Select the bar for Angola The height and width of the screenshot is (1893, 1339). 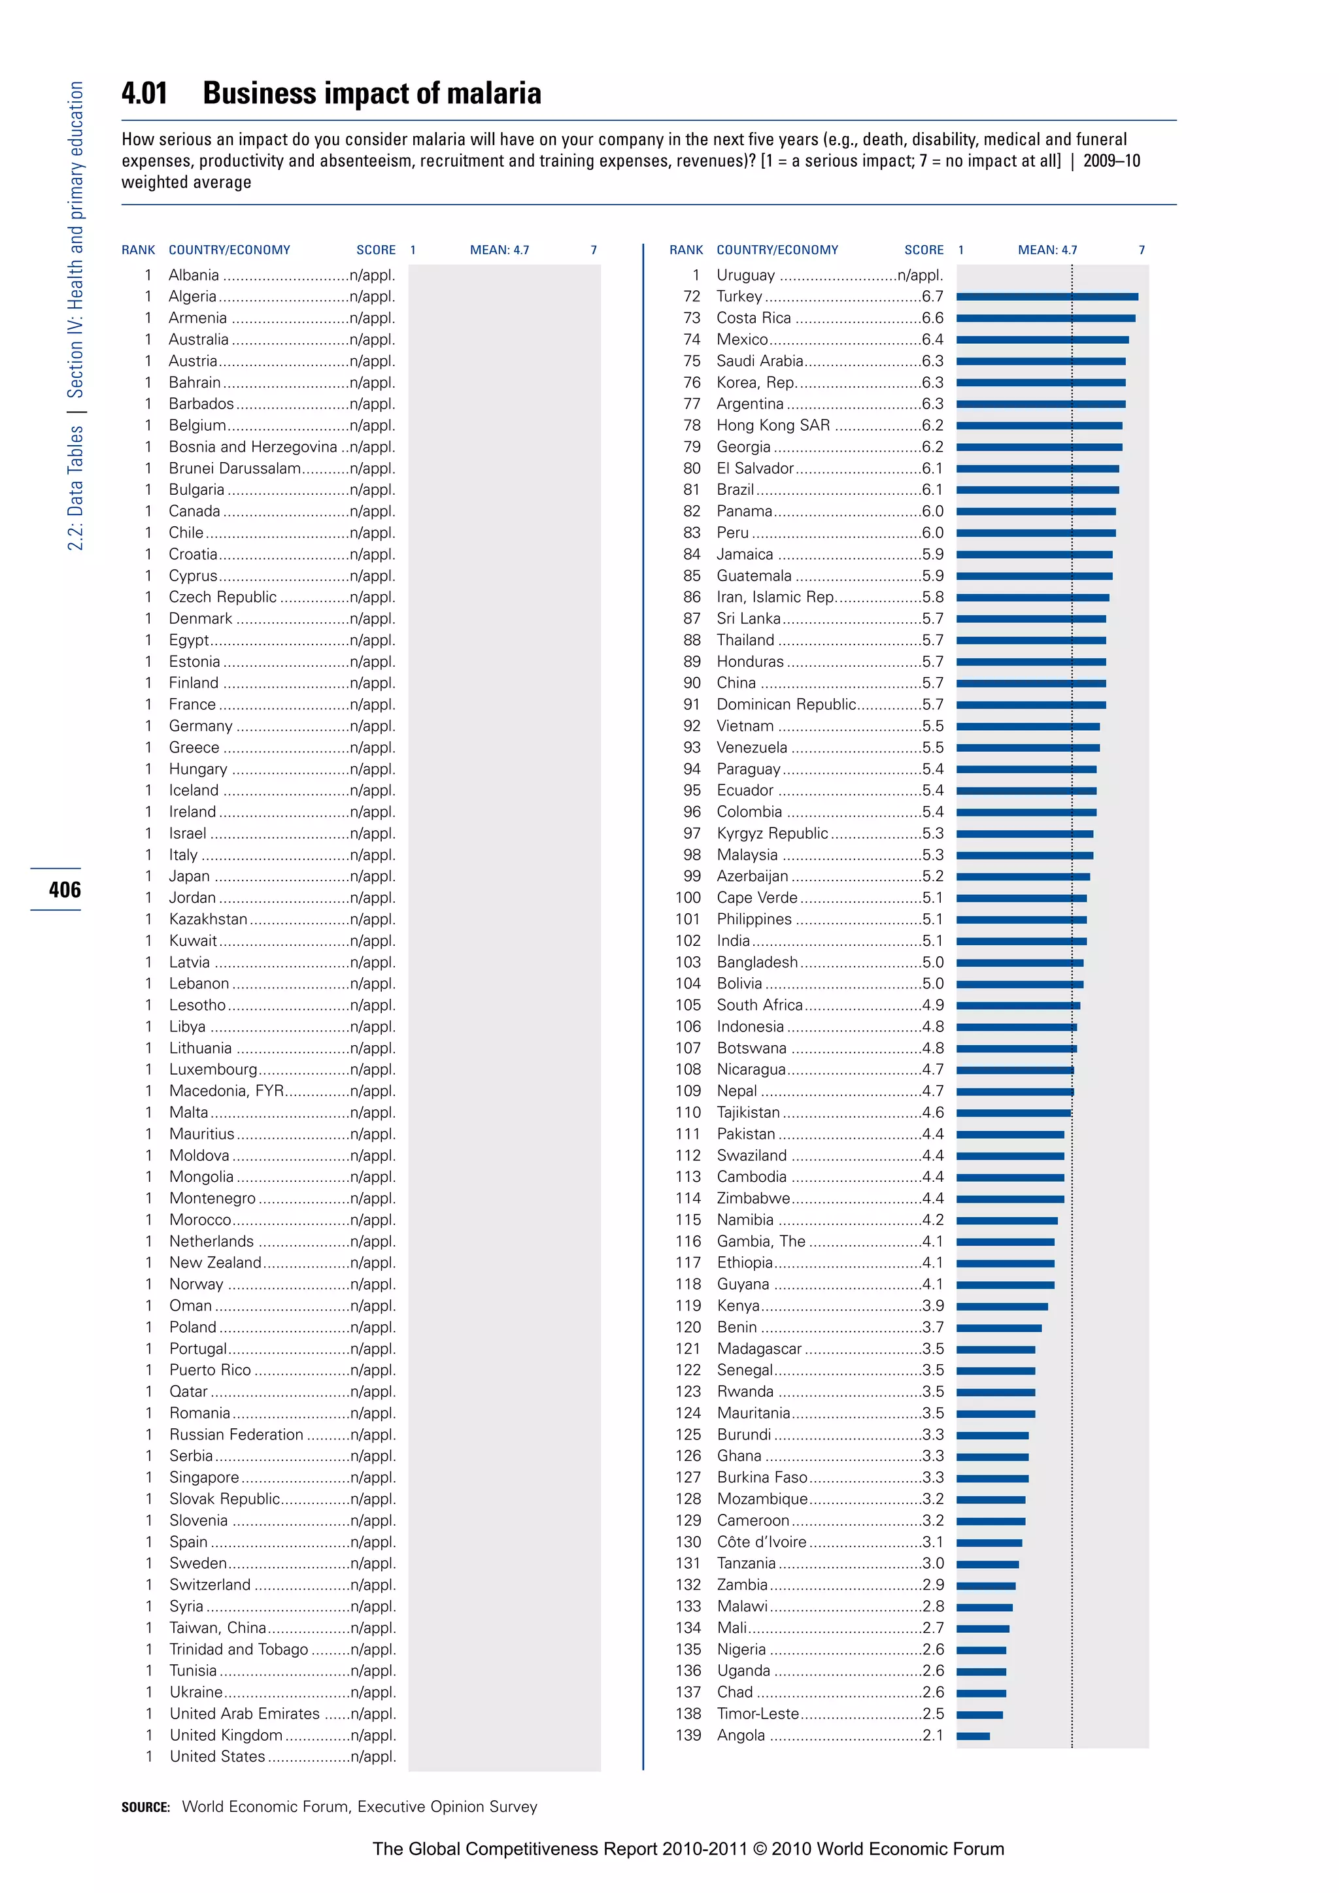pyautogui.click(x=973, y=1735)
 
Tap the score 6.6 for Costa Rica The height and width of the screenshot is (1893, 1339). pyautogui.click(x=932, y=318)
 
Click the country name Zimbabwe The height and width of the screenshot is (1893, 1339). pyautogui.click(x=753, y=1198)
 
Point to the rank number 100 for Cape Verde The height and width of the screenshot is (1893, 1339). pyautogui.click(x=688, y=898)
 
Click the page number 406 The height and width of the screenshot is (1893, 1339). pyautogui.click(x=64, y=890)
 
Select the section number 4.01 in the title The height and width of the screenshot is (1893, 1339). pyautogui.click(x=144, y=94)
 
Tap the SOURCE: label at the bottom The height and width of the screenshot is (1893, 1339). pyautogui.click(x=145, y=1807)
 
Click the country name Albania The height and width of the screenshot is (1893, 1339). pyautogui.click(x=194, y=275)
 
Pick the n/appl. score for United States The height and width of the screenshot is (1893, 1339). pyautogui.click(x=373, y=1756)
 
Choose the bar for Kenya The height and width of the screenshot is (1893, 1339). pyautogui.click(x=1002, y=1306)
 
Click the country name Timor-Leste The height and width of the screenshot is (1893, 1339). pyautogui.click(x=758, y=1713)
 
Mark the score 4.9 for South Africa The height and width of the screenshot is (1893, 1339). pyautogui.click(x=932, y=1005)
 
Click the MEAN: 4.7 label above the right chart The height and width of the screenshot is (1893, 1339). pyautogui.click(x=1047, y=250)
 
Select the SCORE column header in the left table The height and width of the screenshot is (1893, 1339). pyautogui.click(x=376, y=250)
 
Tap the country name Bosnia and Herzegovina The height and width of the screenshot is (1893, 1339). pyautogui.click(x=253, y=447)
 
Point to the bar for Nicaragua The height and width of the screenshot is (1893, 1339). pyautogui.click(x=1014, y=1070)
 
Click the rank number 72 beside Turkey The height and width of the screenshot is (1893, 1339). pyautogui.click(x=692, y=297)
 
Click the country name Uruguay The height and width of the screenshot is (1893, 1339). pyautogui.click(x=745, y=275)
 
